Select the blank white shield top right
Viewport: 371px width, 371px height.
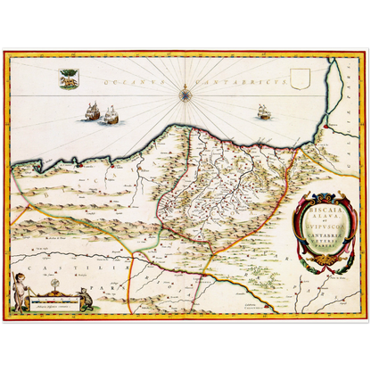(x=300, y=84)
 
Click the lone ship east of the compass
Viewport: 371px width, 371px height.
(x=262, y=111)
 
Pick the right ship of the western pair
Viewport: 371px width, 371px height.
(x=112, y=114)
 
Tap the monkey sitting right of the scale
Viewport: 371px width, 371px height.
(x=85, y=298)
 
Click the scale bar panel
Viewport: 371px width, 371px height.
(x=52, y=305)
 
